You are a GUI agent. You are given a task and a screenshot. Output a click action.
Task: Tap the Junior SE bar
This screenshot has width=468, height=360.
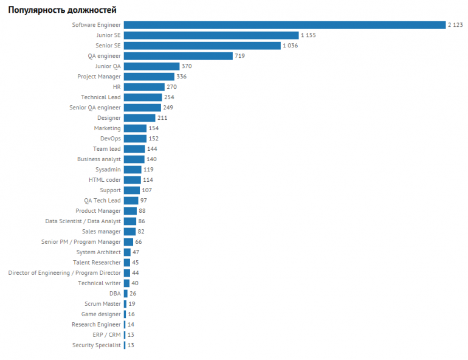pyautogui.click(x=211, y=35)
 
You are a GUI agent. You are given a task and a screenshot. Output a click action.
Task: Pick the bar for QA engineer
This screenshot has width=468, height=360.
pyautogui.click(x=178, y=56)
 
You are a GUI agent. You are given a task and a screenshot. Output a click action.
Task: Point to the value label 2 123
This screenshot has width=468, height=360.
pyautogui.click(x=455, y=25)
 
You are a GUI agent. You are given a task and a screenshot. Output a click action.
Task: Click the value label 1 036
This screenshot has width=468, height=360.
pyautogui.click(x=291, y=46)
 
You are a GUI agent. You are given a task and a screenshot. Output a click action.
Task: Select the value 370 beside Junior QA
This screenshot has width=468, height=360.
pyautogui.click(x=187, y=66)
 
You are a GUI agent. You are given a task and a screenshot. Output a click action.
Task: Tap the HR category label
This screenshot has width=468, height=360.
pyautogui.click(x=117, y=87)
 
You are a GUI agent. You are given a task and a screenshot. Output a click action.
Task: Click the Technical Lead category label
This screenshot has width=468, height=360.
pyautogui.click(x=101, y=97)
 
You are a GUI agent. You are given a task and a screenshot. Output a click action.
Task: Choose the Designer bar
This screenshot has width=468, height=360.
pyautogui.click(x=139, y=118)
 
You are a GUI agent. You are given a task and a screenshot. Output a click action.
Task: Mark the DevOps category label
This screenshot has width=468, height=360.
pyautogui.click(x=111, y=139)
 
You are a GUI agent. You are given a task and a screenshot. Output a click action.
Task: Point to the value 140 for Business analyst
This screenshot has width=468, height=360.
pyautogui.click(x=151, y=159)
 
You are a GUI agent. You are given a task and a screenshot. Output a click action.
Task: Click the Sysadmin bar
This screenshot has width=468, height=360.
pyautogui.click(x=132, y=170)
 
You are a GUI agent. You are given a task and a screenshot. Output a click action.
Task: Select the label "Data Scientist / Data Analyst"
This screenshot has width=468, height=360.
pyautogui.click(x=83, y=221)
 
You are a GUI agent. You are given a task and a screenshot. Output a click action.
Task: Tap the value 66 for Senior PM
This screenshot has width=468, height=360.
pyautogui.click(x=139, y=242)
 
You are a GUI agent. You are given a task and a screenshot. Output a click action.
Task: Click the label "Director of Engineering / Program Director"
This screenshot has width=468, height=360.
pyautogui.click(x=64, y=273)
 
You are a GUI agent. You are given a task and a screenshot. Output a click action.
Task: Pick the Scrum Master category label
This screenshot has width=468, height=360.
pyautogui.click(x=103, y=304)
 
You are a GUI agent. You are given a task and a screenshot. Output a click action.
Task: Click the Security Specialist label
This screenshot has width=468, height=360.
pyautogui.click(x=96, y=345)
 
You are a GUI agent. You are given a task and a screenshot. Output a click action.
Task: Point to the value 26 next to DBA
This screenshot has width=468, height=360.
pyautogui.click(x=133, y=294)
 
